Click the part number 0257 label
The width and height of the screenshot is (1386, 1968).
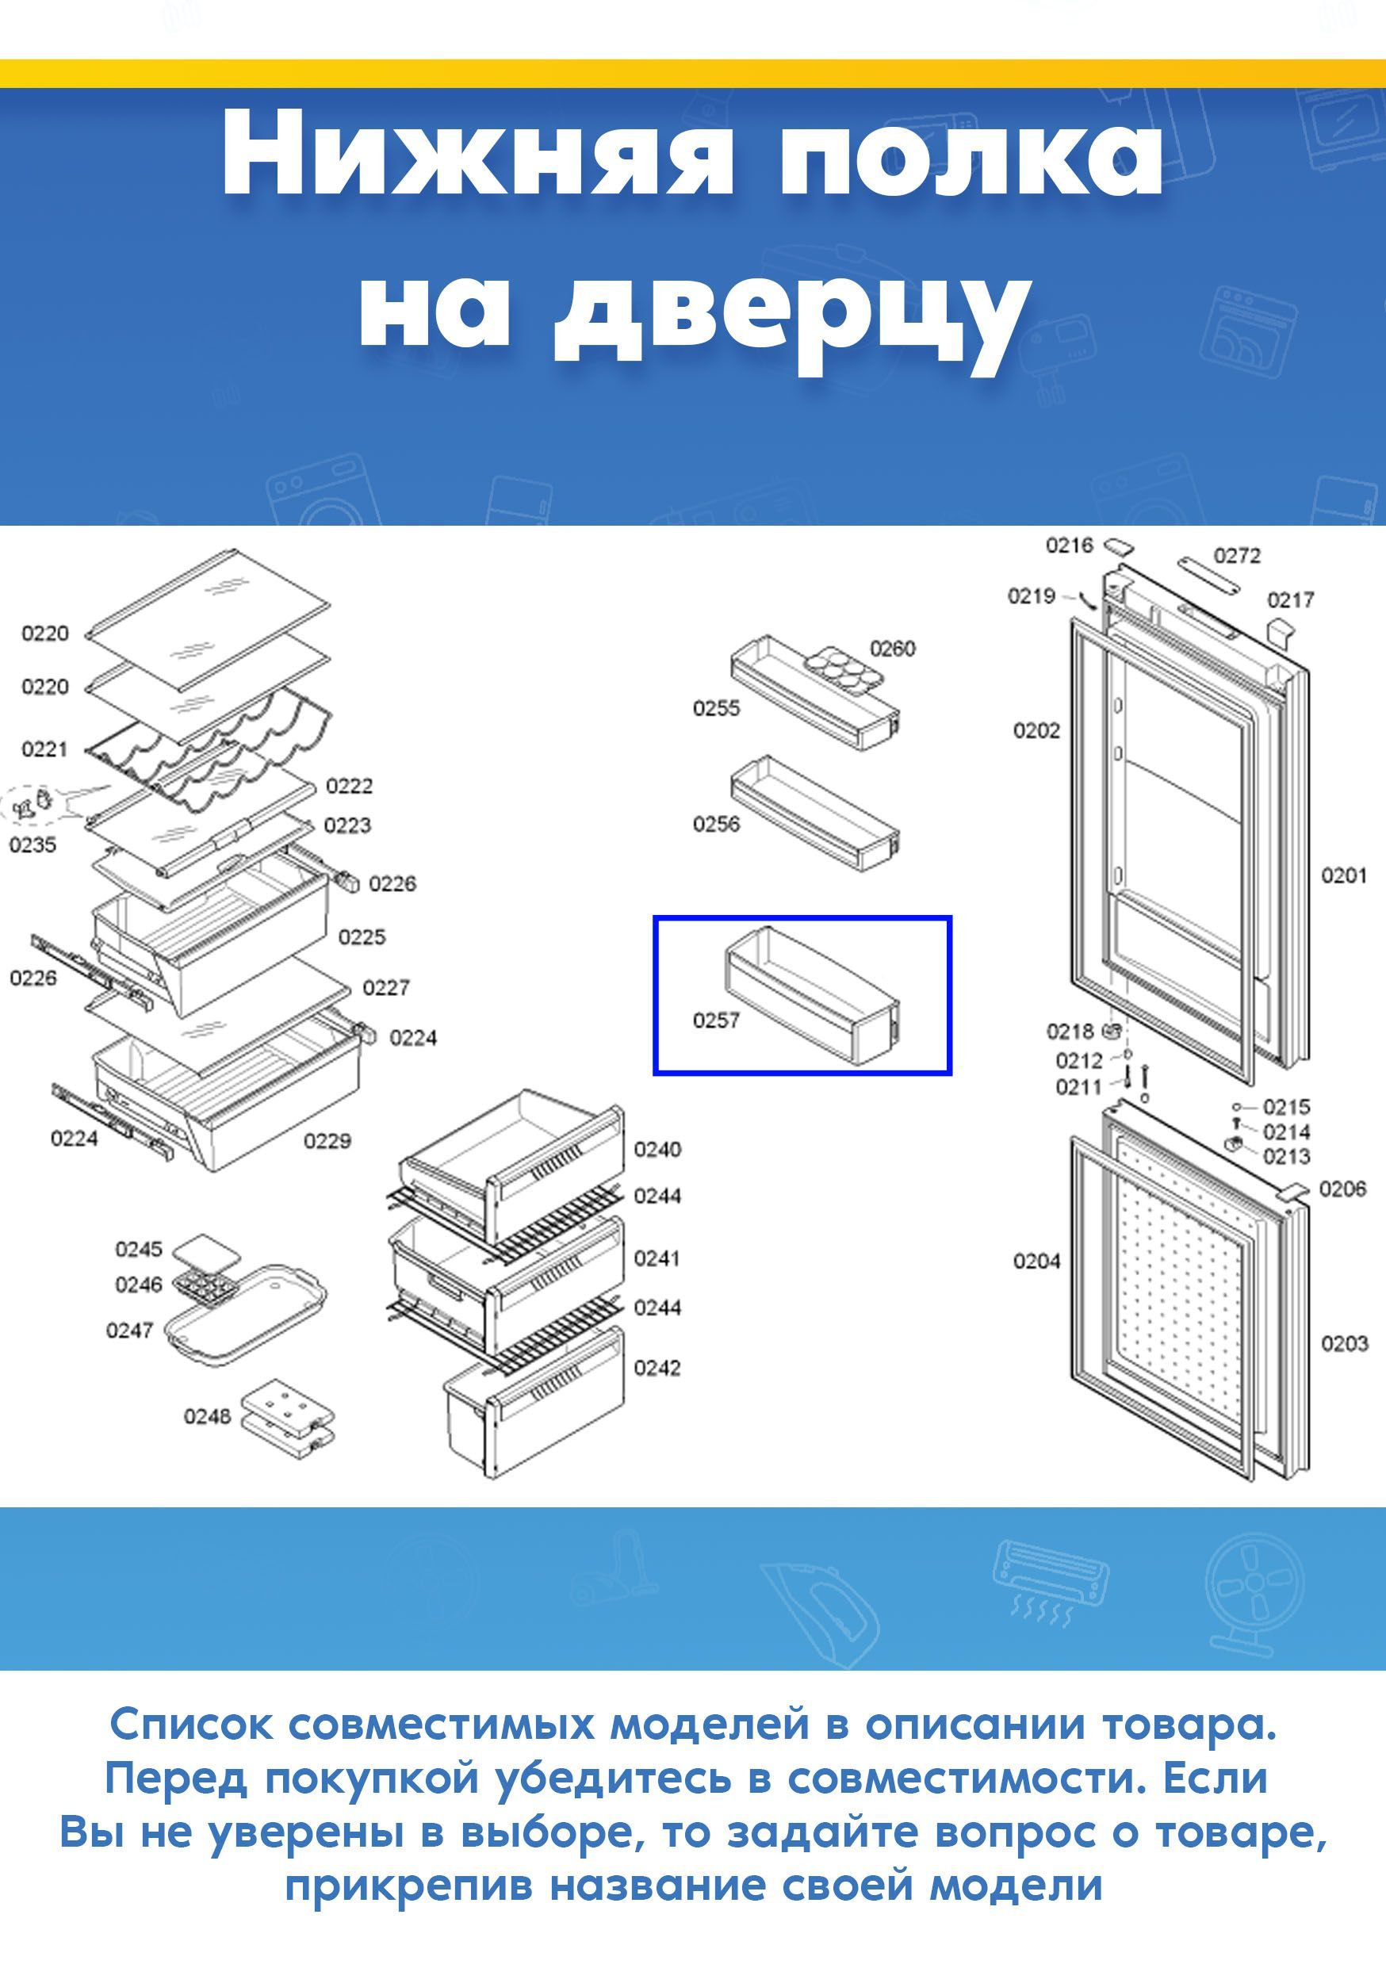pyautogui.click(x=716, y=1020)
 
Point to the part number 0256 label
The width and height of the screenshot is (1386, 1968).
pyautogui.click(x=716, y=824)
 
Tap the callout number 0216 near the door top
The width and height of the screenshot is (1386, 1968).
pyautogui.click(x=1069, y=546)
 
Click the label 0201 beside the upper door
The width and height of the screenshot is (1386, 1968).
pyautogui.click(x=1343, y=875)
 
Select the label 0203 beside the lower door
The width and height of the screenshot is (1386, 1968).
pyautogui.click(x=1343, y=1343)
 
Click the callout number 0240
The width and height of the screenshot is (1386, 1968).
pyautogui.click(x=657, y=1149)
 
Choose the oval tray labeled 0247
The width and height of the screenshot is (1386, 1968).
pyautogui.click(x=244, y=1313)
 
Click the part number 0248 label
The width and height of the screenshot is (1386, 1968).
pyautogui.click(x=207, y=1416)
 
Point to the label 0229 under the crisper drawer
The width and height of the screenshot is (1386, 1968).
pyautogui.click(x=327, y=1140)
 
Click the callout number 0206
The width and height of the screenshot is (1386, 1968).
pyautogui.click(x=1342, y=1188)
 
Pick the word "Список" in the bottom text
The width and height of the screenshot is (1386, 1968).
pyautogui.click(x=192, y=1724)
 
